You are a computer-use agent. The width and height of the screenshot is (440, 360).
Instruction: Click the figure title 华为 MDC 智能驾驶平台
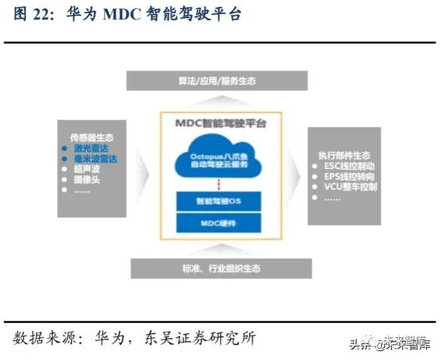[154, 15]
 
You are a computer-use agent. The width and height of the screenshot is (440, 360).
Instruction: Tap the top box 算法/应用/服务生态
[217, 81]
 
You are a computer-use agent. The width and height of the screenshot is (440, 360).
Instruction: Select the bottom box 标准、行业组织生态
[221, 269]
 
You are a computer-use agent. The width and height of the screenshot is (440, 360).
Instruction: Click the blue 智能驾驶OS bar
[219, 201]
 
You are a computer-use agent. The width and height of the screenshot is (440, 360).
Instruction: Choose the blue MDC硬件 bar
[219, 223]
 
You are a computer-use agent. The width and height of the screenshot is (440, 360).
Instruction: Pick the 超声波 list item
[86, 170]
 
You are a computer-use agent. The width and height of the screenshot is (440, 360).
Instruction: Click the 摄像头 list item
[86, 180]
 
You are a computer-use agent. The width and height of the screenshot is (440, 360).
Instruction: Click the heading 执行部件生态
[345, 156]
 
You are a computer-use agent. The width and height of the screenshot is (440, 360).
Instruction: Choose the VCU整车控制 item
[350, 187]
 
